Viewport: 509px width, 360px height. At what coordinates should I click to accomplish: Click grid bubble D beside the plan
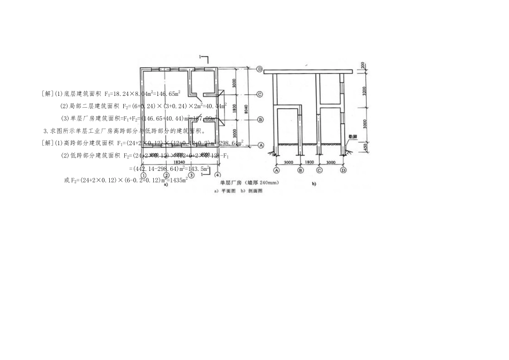point(259,69)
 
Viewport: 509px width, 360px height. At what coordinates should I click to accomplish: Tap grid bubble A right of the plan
point(259,145)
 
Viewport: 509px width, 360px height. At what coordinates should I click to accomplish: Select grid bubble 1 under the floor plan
point(144,175)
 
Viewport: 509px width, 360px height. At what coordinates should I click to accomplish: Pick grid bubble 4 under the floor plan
point(218,175)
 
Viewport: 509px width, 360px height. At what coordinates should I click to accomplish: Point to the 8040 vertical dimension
point(246,108)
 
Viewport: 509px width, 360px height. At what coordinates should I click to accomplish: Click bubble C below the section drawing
point(319,170)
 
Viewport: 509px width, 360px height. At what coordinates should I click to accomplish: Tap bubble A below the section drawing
point(277,170)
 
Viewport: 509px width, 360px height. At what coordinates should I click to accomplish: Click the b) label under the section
point(314,185)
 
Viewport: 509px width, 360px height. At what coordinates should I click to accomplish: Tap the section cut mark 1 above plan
point(201,56)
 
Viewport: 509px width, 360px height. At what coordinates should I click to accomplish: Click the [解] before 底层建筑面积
point(47,93)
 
